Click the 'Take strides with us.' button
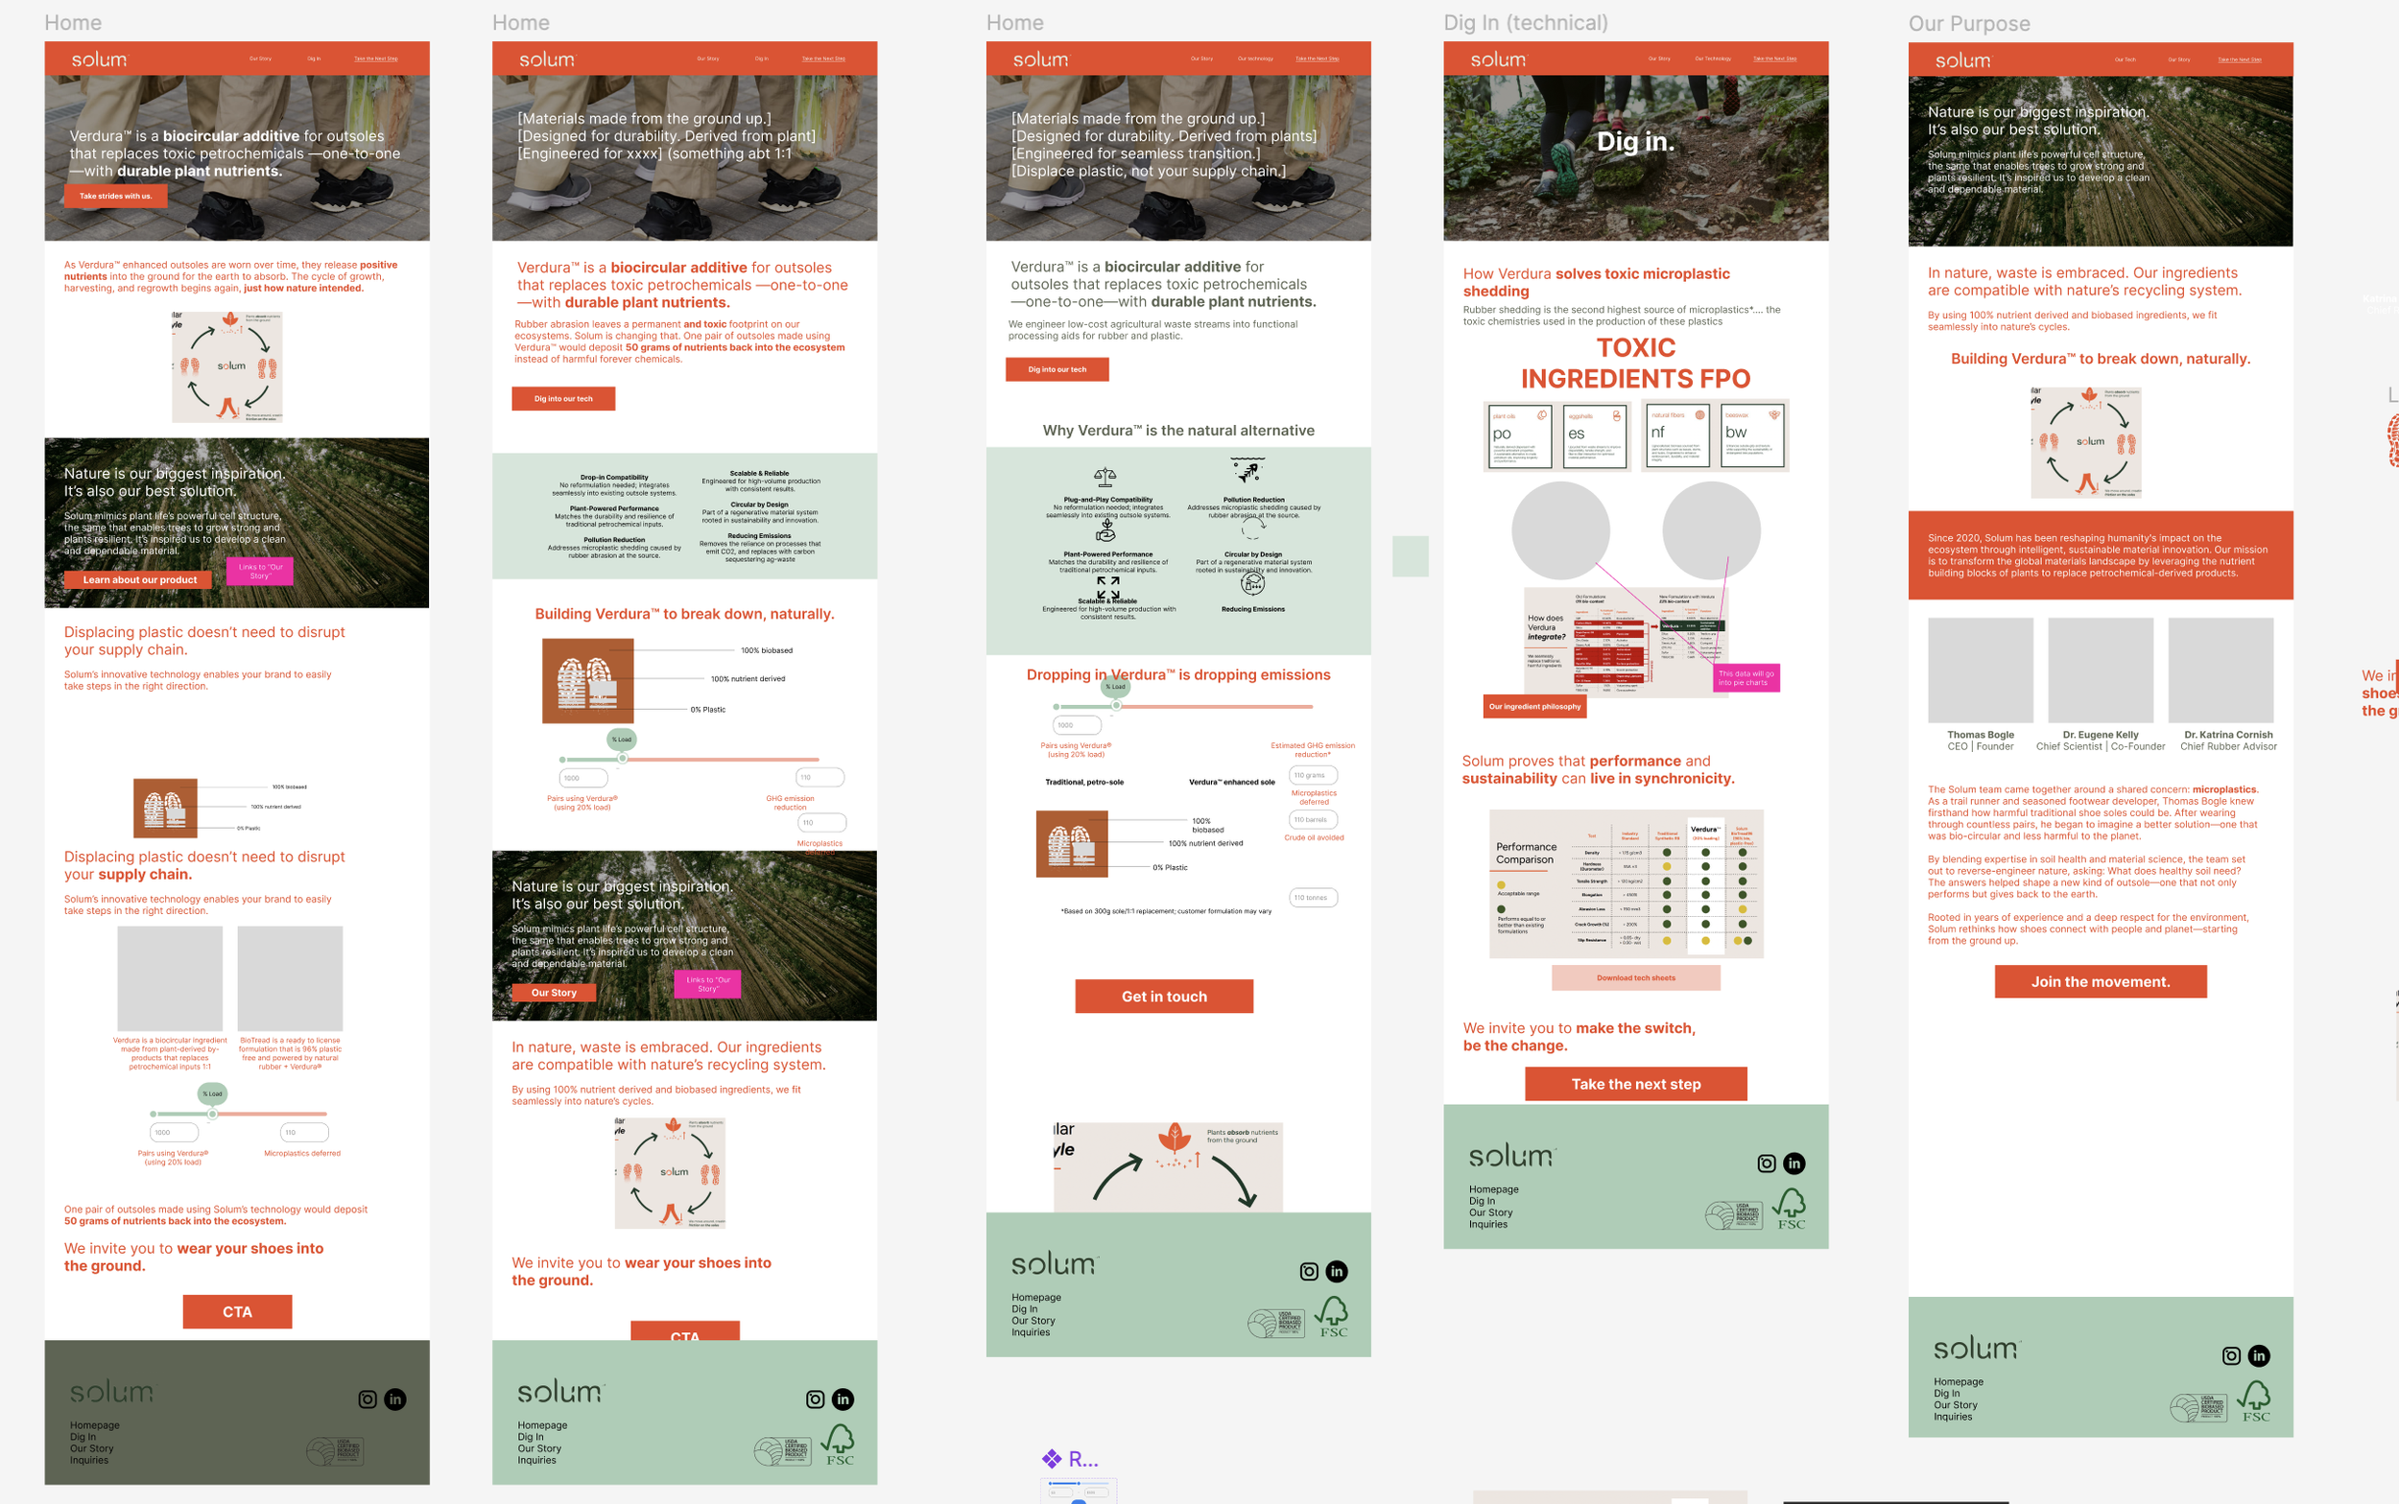115,196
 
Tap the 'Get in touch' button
1163,996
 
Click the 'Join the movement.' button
2100,981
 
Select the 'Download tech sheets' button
1635,977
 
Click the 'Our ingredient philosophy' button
1533,706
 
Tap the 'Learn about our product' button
138,580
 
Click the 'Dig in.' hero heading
1635,141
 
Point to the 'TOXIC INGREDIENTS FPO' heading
1635,364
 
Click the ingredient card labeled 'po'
1517,435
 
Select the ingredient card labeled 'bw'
1753,435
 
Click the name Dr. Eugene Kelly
2100,734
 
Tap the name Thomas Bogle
1979,734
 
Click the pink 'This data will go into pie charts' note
1746,677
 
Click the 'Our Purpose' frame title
1968,24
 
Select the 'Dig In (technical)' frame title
1525,23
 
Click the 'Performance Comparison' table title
1526,853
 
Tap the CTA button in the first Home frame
237,1311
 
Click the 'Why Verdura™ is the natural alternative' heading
1178,430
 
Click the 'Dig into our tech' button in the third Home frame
1057,369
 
